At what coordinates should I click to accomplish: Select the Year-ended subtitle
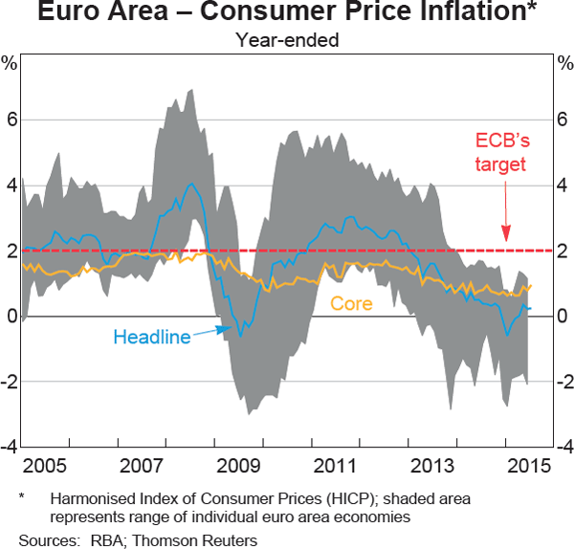pos(287,41)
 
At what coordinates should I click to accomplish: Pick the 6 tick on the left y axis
pos(11,120)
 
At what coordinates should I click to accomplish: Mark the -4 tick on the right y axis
pos(563,447)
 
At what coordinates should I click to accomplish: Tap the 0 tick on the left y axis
pos(11,316)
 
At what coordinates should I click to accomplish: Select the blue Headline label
pos(151,337)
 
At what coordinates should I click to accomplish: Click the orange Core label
pos(351,303)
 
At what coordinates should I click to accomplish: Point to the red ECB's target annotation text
pos(502,152)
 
